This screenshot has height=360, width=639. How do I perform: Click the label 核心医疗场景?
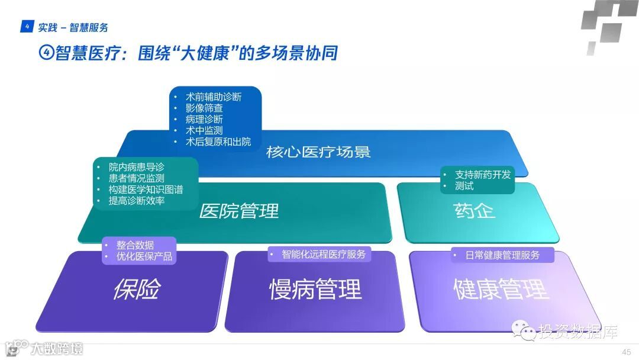tap(318, 152)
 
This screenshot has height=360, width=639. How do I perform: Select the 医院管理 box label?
tap(238, 211)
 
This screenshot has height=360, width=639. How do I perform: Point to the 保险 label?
tap(137, 290)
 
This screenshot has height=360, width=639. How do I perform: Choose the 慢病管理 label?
tap(315, 290)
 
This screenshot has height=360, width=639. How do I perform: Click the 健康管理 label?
tap(501, 290)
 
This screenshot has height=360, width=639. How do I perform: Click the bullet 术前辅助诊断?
tap(213, 97)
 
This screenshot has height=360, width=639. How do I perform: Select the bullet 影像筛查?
tap(204, 108)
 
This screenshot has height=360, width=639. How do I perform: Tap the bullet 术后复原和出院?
tap(218, 142)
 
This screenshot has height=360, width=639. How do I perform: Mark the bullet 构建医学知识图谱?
tap(146, 189)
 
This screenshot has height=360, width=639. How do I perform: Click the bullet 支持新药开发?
tap(482, 174)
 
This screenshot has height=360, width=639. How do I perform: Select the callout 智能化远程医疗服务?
tap(324, 255)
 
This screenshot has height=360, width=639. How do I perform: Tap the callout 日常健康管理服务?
tap(502, 255)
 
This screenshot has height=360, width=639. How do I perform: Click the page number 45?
tap(625, 352)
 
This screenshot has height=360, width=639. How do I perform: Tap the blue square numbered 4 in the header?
tap(27, 27)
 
